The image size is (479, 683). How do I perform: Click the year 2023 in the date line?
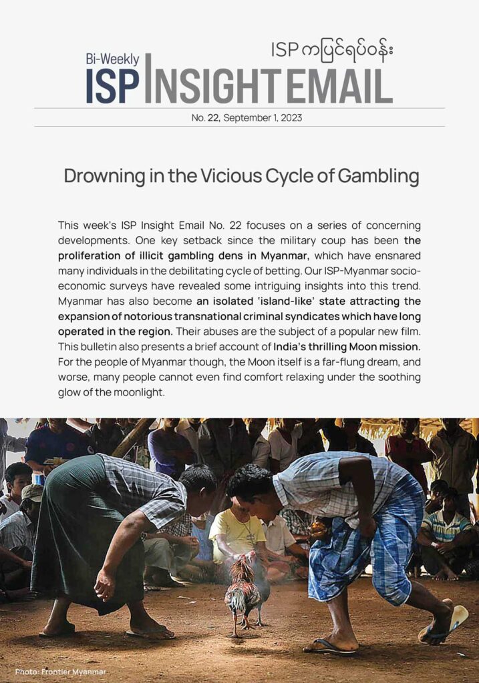(x=291, y=118)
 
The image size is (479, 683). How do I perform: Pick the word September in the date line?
(x=245, y=118)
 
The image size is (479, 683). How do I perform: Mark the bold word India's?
(x=297, y=347)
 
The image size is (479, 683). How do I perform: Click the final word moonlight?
(x=137, y=393)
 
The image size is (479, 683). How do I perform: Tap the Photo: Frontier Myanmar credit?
(x=60, y=672)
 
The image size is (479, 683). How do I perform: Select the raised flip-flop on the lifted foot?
(x=444, y=622)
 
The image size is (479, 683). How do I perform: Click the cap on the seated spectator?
(x=31, y=492)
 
